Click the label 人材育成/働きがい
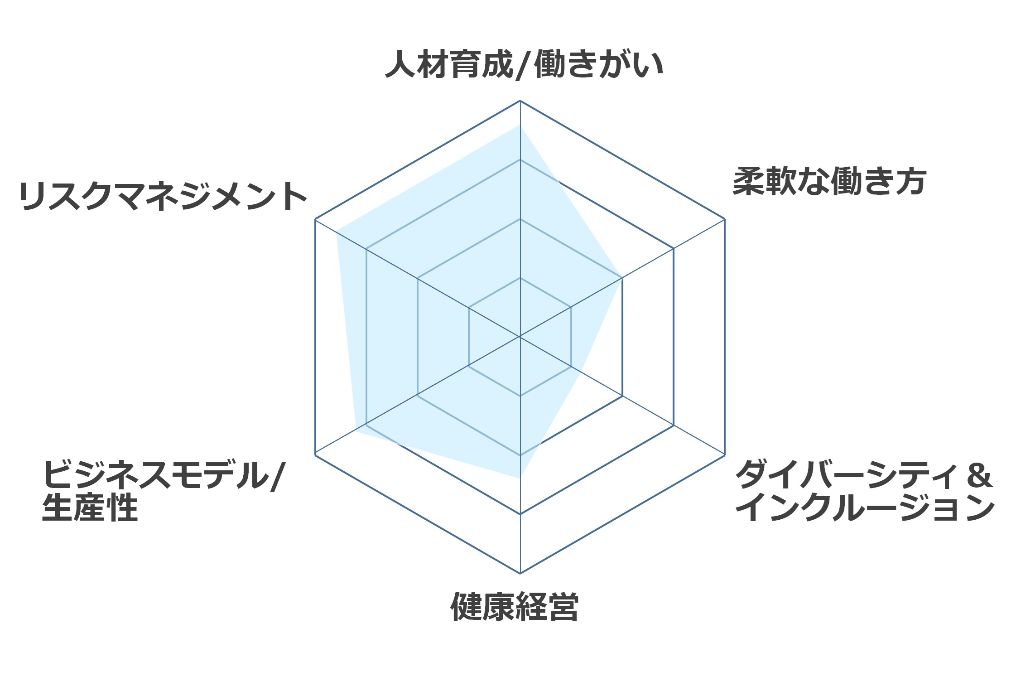524,64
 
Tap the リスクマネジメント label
163,196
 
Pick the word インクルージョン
865,507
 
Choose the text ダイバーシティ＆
864,474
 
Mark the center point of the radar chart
520,337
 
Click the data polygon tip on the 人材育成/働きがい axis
520,125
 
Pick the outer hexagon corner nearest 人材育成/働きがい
520,101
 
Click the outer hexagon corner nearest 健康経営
520,573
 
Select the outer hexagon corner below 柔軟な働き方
725,219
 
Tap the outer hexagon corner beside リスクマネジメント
315,219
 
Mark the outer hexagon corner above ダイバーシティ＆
725,454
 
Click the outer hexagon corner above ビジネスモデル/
315,454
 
